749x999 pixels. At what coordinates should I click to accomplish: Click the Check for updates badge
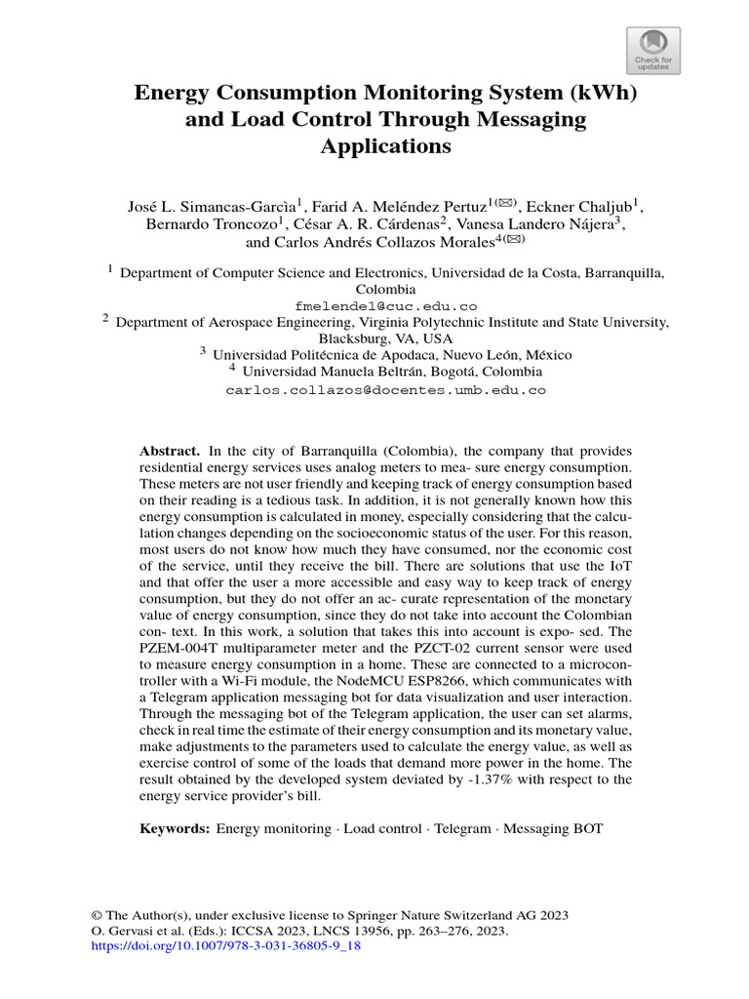[x=651, y=50]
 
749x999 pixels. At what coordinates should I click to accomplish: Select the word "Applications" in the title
[x=374, y=146]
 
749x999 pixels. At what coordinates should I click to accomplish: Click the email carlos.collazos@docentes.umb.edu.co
[x=385, y=389]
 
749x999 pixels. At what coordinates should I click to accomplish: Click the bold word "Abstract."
[x=170, y=451]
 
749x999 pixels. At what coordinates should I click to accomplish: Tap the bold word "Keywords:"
[x=175, y=828]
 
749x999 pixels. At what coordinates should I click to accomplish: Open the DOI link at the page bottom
[x=225, y=946]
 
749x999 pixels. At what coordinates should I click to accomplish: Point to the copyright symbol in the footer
[x=97, y=915]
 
